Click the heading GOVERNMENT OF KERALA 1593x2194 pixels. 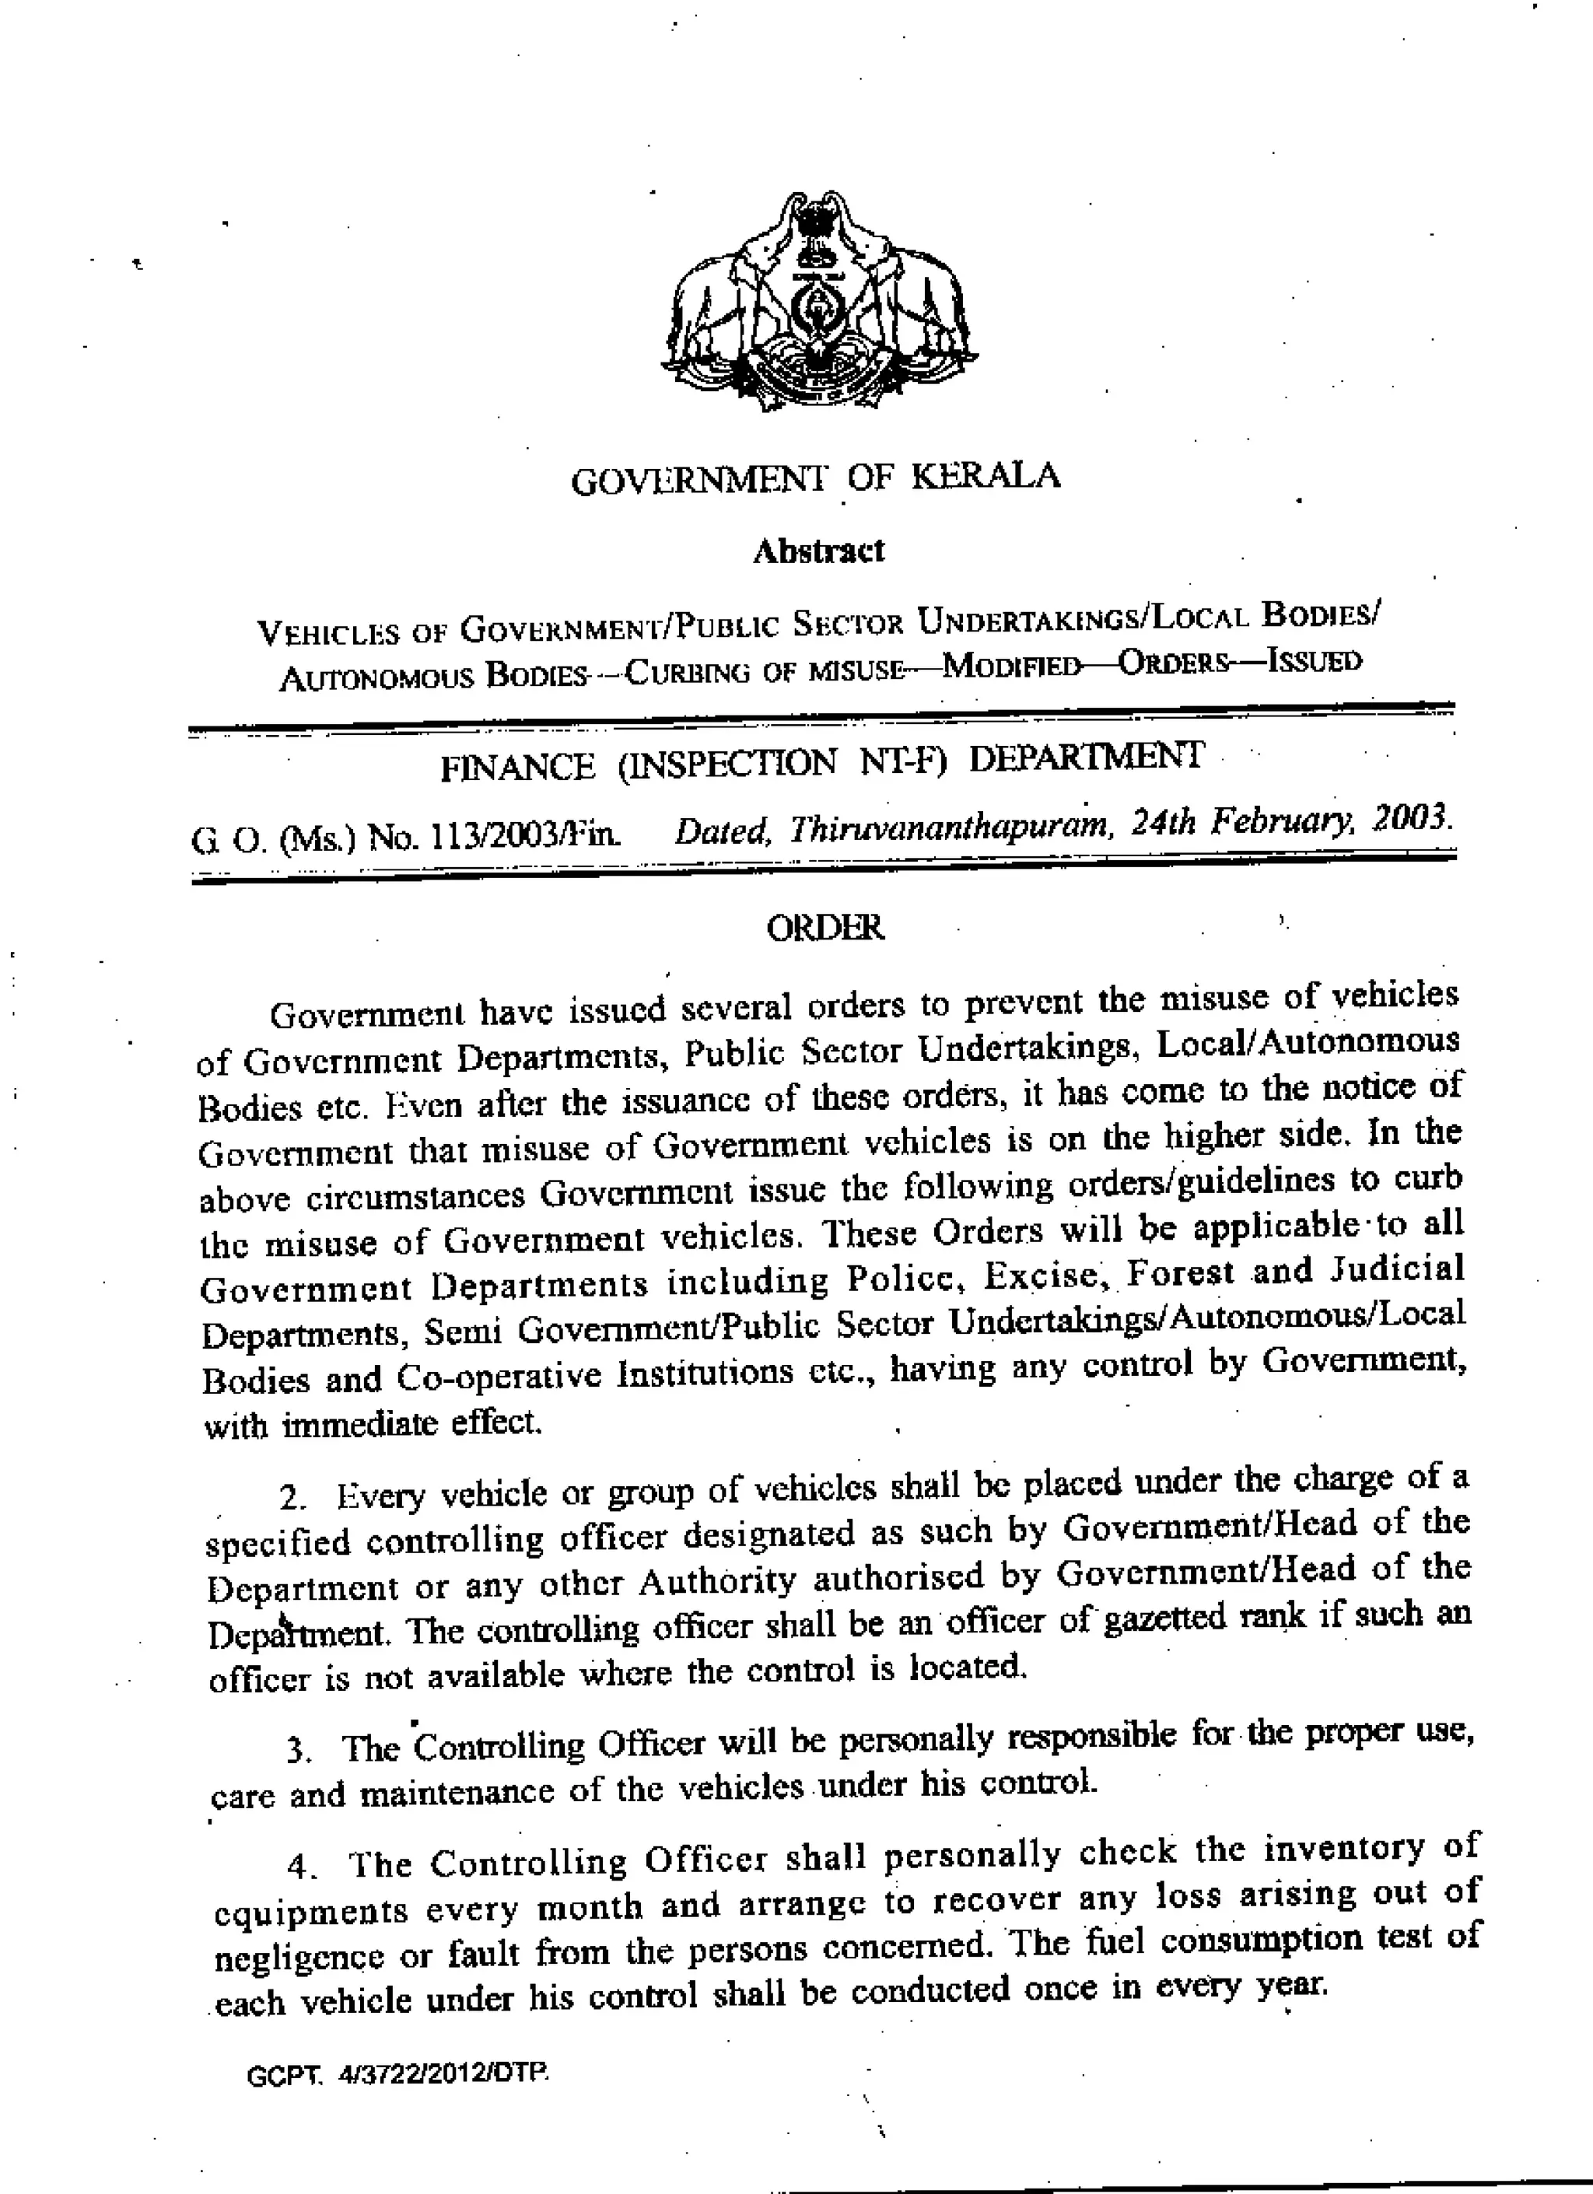coord(815,478)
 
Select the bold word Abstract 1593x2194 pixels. coord(818,551)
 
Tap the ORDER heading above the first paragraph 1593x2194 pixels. coord(825,928)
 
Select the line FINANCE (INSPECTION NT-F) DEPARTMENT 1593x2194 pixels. coord(822,762)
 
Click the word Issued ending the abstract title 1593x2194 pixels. coord(1315,661)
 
